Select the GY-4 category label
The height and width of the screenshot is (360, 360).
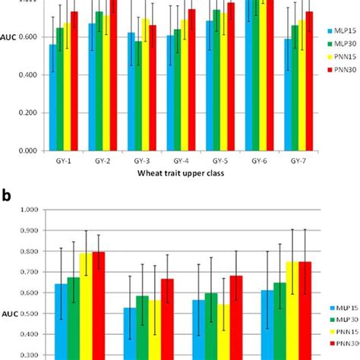pyautogui.click(x=182, y=161)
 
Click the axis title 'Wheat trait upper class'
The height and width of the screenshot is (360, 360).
pyautogui.click(x=181, y=174)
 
